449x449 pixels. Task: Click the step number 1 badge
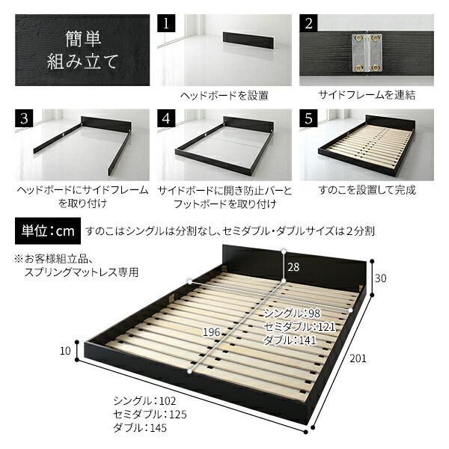tap(167, 22)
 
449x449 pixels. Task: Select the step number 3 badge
tap(24, 119)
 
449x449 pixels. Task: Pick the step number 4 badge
tap(167, 119)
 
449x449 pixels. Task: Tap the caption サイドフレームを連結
tap(367, 96)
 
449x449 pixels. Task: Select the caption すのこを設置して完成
tap(367, 190)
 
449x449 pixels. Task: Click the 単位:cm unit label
tap(46, 230)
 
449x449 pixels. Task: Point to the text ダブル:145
tap(140, 428)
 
